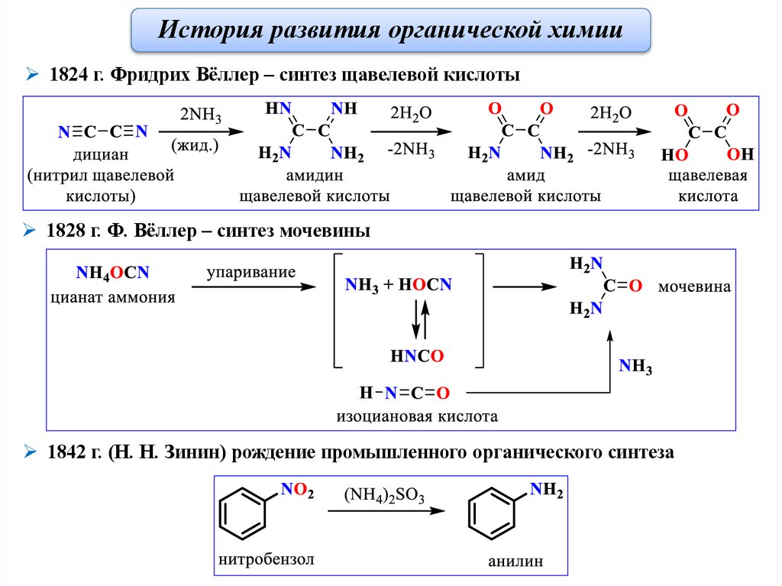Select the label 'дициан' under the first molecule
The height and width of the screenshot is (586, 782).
click(101, 157)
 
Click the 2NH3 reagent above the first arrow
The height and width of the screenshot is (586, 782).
click(200, 115)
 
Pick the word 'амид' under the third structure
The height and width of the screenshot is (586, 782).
click(525, 176)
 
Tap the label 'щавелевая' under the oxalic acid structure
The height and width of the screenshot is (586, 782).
click(706, 176)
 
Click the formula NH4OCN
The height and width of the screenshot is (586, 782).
click(112, 274)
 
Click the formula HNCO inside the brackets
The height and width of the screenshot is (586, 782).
click(416, 355)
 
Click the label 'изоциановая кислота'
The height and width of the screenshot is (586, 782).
click(417, 416)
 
